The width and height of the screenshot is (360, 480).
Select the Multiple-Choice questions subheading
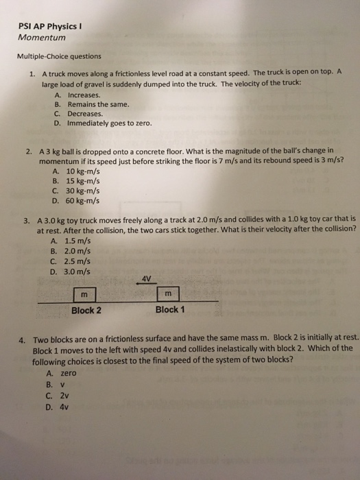(60, 56)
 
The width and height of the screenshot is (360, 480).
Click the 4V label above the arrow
(145, 278)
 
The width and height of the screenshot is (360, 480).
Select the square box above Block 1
(169, 294)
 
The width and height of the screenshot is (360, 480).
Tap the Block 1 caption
(169, 310)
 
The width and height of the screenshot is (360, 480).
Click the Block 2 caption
(86, 311)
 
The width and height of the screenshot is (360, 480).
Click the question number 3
(25, 220)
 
